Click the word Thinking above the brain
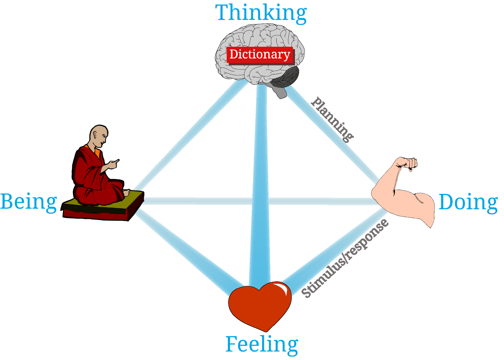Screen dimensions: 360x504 [261, 13]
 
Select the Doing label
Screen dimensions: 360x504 [468, 202]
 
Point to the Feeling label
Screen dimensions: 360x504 [262, 344]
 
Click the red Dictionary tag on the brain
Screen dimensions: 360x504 [260, 55]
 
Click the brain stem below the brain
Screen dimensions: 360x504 [281, 92]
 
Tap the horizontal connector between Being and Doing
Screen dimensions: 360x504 [208, 201]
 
